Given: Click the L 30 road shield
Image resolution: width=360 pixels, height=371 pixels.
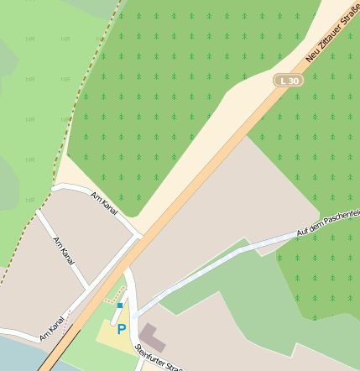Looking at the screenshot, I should pyautogui.click(x=288, y=80).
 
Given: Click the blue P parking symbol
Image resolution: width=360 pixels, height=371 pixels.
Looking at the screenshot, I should pyautogui.click(x=122, y=330).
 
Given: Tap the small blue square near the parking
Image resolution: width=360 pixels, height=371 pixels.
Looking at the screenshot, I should pyautogui.click(x=120, y=306).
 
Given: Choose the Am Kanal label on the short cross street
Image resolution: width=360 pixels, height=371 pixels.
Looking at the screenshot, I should pyautogui.click(x=64, y=251).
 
